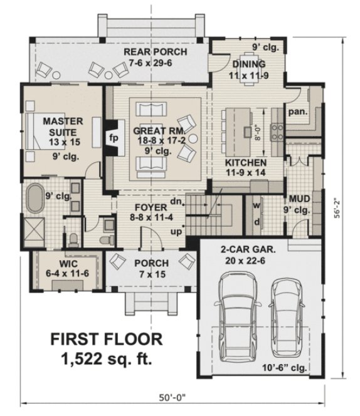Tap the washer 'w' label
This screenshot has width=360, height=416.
coord(257,205)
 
